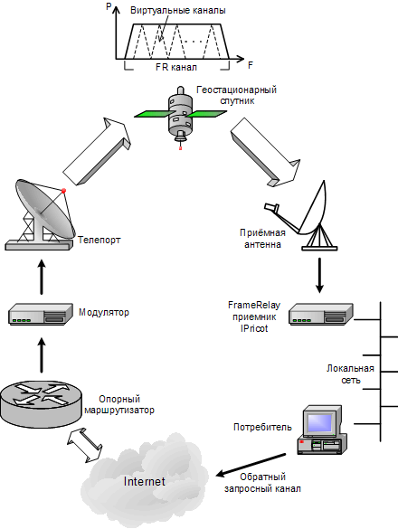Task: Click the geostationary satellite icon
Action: click(x=180, y=115)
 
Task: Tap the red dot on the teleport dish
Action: click(x=63, y=191)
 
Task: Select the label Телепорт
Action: click(x=99, y=241)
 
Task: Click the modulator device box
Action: click(x=41, y=314)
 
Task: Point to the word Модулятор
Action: click(x=104, y=312)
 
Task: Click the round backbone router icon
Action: click(x=41, y=404)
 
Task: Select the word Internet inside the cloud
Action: click(x=145, y=481)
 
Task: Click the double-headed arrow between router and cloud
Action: click(x=85, y=445)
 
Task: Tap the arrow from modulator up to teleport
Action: click(x=42, y=277)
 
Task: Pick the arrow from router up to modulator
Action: click(x=42, y=355)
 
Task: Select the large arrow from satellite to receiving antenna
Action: click(x=265, y=153)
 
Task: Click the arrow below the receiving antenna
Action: click(x=319, y=275)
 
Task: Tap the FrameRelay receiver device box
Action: click(x=321, y=314)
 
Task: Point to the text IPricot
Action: click(x=254, y=328)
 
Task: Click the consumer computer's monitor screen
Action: click(x=319, y=422)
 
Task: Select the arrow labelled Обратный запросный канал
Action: click(x=251, y=465)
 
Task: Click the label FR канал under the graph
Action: click(x=175, y=67)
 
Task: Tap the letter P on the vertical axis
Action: click(x=109, y=6)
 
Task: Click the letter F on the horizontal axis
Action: click(x=251, y=65)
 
